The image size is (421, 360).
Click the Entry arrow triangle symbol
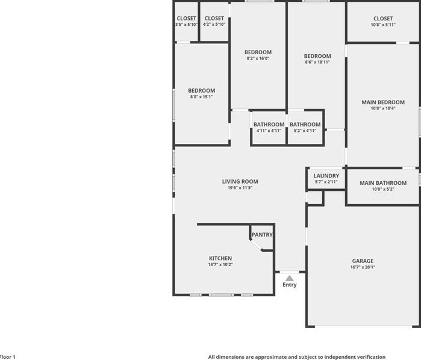pyautogui.click(x=290, y=278)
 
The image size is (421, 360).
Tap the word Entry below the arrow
pyautogui.click(x=290, y=285)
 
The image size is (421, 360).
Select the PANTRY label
pyautogui.click(x=262, y=235)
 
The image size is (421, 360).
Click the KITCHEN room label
pyautogui.click(x=220, y=258)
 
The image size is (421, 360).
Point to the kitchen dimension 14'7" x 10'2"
pyautogui.click(x=220, y=265)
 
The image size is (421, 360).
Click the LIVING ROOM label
pyautogui.click(x=240, y=181)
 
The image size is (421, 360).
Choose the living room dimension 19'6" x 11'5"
pyautogui.click(x=240, y=188)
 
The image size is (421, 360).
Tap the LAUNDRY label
pyautogui.click(x=326, y=176)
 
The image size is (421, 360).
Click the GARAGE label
pyautogui.click(x=362, y=261)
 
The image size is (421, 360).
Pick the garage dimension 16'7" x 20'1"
pyautogui.click(x=362, y=267)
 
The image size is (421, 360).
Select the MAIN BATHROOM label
pyautogui.click(x=382, y=183)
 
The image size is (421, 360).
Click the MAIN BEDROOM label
pyautogui.click(x=382, y=102)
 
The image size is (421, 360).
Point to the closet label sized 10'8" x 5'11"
pyautogui.click(x=382, y=19)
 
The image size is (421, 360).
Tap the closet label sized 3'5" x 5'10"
pyautogui.click(x=186, y=19)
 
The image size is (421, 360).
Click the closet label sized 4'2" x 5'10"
pyautogui.click(x=214, y=19)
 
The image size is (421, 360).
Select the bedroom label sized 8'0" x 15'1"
pyautogui.click(x=201, y=90)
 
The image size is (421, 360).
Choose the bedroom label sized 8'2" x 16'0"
pyautogui.click(x=258, y=52)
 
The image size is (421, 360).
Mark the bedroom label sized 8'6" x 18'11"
pyautogui.click(x=317, y=56)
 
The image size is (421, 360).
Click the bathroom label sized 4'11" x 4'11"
pyautogui.click(x=269, y=125)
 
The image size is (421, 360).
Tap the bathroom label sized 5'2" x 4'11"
pyautogui.click(x=305, y=125)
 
